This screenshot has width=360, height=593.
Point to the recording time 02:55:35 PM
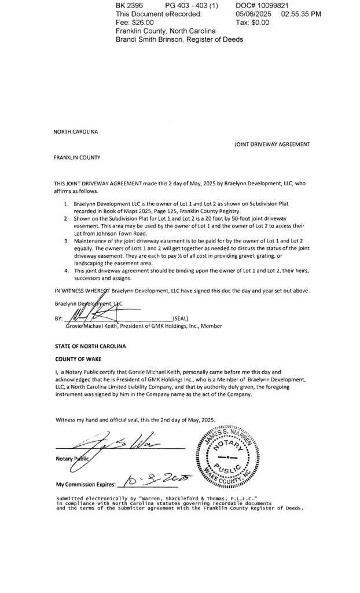(301, 14)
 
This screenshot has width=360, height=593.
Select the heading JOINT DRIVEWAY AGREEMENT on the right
(272, 144)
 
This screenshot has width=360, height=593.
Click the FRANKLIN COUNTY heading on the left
(77, 157)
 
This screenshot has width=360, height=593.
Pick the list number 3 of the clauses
(67, 240)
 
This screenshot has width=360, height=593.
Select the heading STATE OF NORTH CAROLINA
(90, 346)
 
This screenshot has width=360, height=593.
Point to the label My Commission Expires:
(86, 484)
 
